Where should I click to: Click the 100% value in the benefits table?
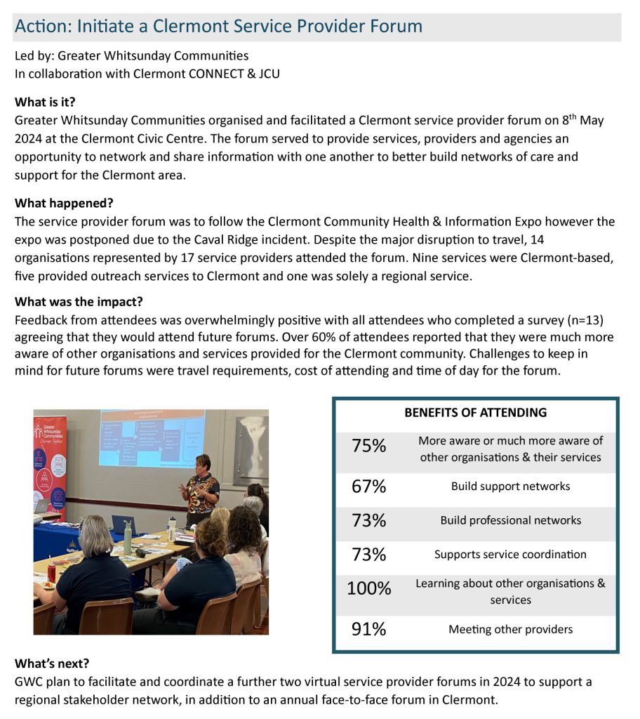tap(369, 589)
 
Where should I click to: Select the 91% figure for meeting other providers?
tap(369, 629)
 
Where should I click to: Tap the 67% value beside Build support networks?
tap(369, 486)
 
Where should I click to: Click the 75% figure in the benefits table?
tap(369, 446)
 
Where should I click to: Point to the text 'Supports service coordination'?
tap(510, 555)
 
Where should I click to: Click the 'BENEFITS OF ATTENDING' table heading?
tap(475, 413)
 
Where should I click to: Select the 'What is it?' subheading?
tap(45, 103)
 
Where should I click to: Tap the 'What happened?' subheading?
tap(64, 204)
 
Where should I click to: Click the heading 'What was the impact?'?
tap(79, 303)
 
